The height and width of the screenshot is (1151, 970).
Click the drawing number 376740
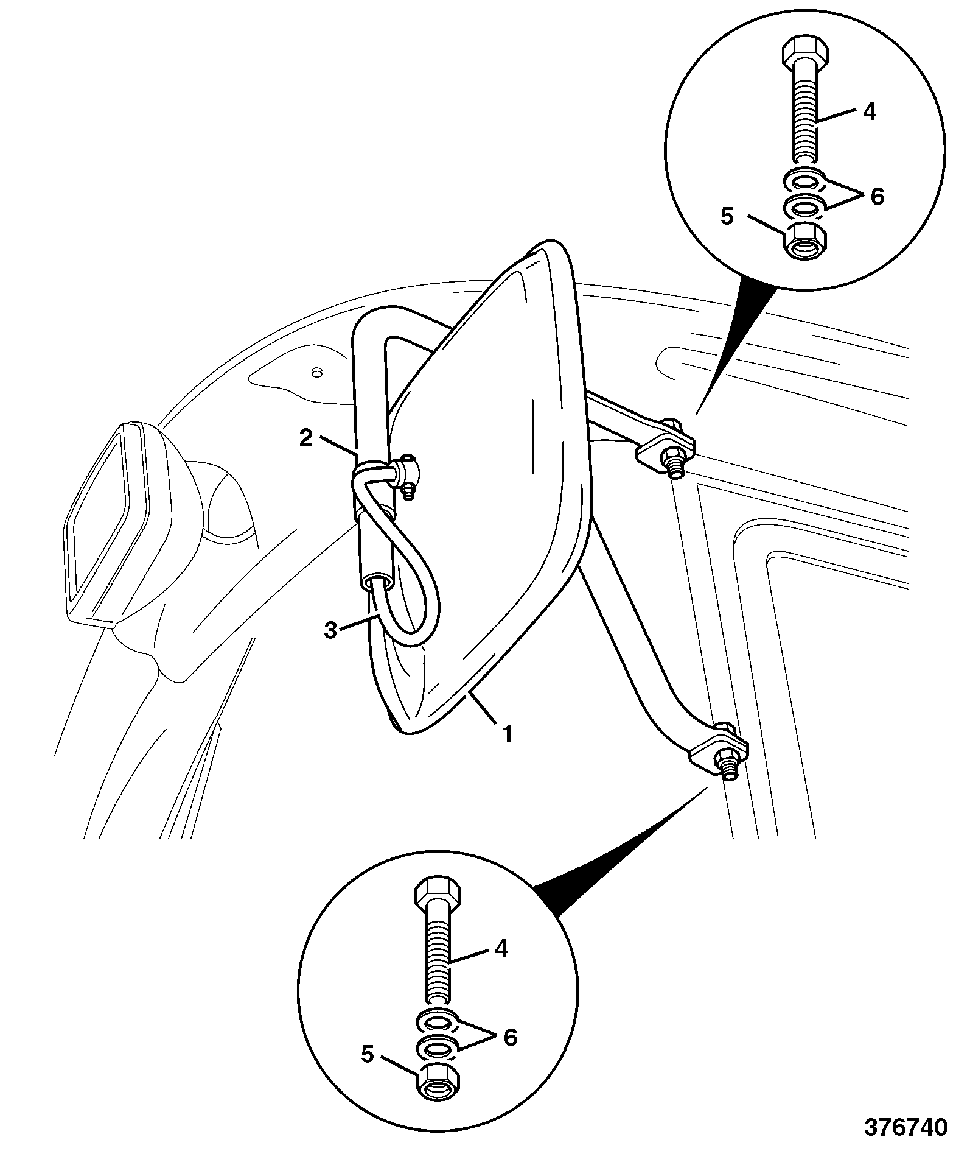coord(906,1125)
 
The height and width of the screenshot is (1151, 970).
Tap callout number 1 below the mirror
coord(507,734)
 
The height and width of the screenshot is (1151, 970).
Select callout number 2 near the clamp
coord(306,438)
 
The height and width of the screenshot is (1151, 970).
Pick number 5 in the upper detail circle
coord(728,217)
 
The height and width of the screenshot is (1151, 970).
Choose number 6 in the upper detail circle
coord(877,196)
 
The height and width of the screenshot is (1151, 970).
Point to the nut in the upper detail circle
coord(804,241)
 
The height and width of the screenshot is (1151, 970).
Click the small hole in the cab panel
coord(315,371)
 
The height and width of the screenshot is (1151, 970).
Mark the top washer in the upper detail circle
coord(803,181)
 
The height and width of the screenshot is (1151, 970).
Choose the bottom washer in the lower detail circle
coord(438,1048)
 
